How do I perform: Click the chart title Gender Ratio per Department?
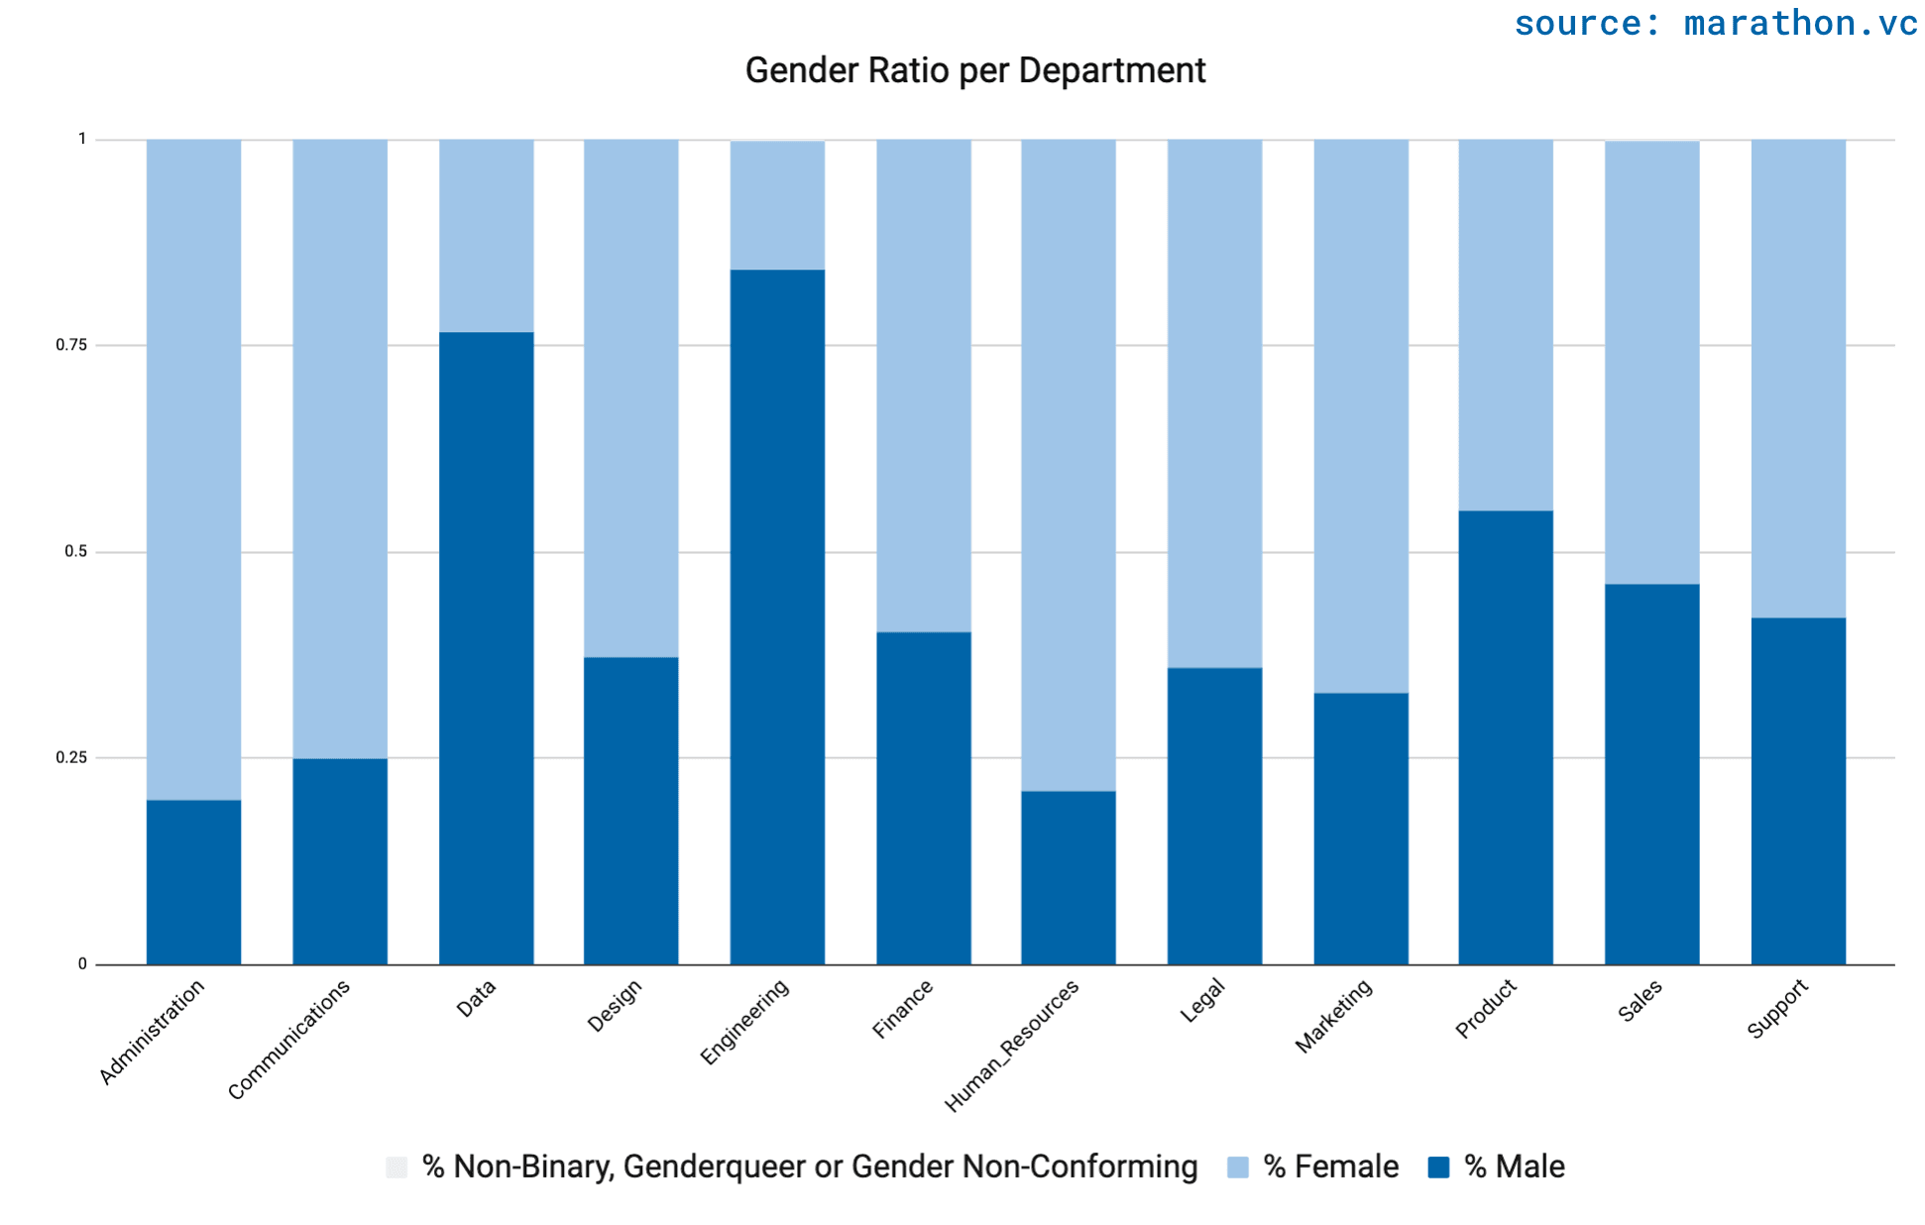coord(974,70)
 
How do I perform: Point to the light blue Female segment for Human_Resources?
coord(1068,465)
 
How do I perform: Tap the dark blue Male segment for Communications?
coord(339,861)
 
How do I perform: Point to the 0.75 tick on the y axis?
coord(71,345)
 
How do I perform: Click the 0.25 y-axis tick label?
coord(71,757)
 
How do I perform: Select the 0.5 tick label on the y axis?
coord(75,551)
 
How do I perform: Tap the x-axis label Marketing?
coord(1334,1016)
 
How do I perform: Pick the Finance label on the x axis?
coord(902,1009)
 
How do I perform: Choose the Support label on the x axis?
coord(1777,1009)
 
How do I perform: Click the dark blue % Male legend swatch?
coord(1438,1167)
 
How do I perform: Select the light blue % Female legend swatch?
coord(1237,1167)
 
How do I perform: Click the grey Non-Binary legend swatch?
coord(396,1167)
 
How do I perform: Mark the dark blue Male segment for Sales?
coord(1651,774)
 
